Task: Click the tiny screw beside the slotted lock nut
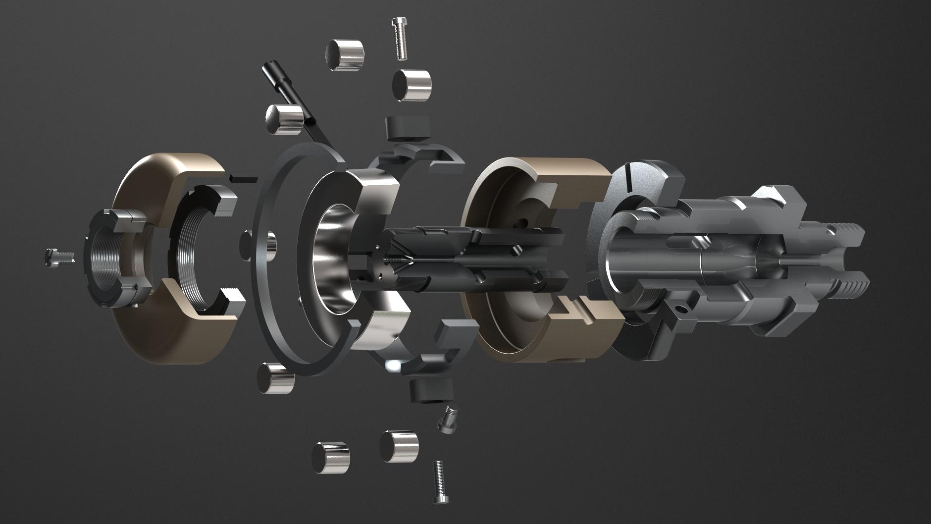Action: (58, 256)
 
